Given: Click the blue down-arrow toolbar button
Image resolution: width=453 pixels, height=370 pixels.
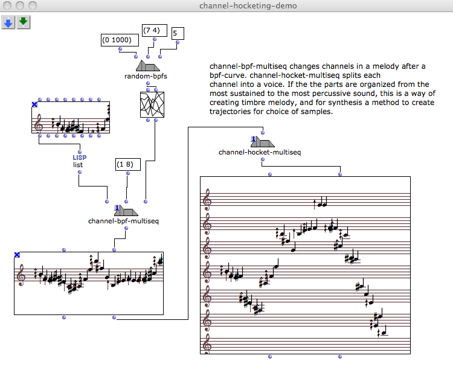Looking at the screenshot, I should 8,22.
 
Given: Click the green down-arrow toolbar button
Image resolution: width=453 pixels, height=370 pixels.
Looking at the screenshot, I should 24,22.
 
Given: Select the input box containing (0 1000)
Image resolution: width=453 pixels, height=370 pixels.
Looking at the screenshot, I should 119,40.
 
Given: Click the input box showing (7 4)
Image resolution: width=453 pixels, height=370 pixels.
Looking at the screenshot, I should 153,30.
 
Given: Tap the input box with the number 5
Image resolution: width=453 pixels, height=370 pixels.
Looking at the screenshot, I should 178,34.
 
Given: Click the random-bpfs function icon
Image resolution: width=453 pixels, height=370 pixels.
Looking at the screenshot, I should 147,65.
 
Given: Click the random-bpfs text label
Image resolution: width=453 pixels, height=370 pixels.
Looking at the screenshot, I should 146,76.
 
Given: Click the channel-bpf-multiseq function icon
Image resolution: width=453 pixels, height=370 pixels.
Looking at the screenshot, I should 126,210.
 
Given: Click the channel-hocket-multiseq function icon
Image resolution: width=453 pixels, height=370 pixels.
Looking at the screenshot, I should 263,141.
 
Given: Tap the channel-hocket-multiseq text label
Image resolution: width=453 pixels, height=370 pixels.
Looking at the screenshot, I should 259,152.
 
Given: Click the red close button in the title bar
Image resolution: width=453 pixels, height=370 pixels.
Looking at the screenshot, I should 8,5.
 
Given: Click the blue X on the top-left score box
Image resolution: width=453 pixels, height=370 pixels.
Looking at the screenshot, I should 35,105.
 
